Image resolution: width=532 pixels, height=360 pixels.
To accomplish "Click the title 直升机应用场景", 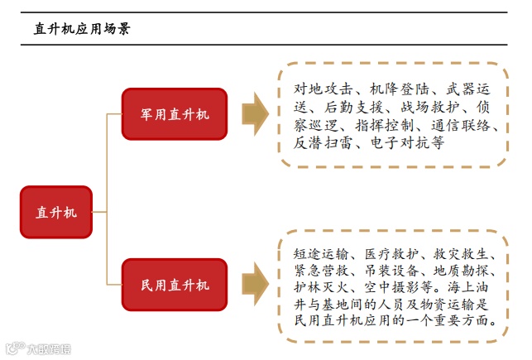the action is [81, 28].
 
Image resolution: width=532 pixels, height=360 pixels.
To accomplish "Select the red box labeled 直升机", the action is [56, 212].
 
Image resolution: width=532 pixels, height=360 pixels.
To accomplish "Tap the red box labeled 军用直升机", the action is [174, 114].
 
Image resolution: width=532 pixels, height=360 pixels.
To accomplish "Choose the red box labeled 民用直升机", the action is [174, 286].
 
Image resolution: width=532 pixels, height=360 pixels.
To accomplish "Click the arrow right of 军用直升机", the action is [255, 114].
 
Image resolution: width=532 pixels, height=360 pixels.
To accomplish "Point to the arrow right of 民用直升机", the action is [255, 286].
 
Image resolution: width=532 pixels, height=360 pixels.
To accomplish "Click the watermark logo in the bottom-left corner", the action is [37, 348].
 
